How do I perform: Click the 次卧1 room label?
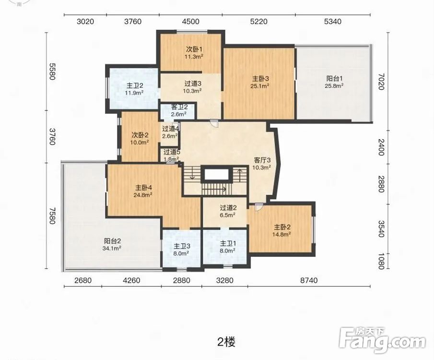click(194, 49)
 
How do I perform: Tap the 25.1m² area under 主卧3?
click(259, 86)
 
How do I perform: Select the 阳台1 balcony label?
click(334, 78)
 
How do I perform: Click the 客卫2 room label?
click(179, 107)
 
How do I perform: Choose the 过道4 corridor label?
click(171, 129)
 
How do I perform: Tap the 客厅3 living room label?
click(262, 160)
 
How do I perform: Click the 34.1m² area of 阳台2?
click(112, 248)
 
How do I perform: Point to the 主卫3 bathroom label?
click(182, 246)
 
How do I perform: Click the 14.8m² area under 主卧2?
click(282, 234)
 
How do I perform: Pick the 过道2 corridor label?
click(228, 208)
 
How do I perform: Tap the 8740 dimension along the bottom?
click(309, 280)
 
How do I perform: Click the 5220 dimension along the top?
click(259, 21)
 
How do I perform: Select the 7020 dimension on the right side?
click(381, 82)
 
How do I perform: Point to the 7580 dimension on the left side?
click(52, 216)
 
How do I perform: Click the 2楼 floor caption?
click(226, 342)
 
